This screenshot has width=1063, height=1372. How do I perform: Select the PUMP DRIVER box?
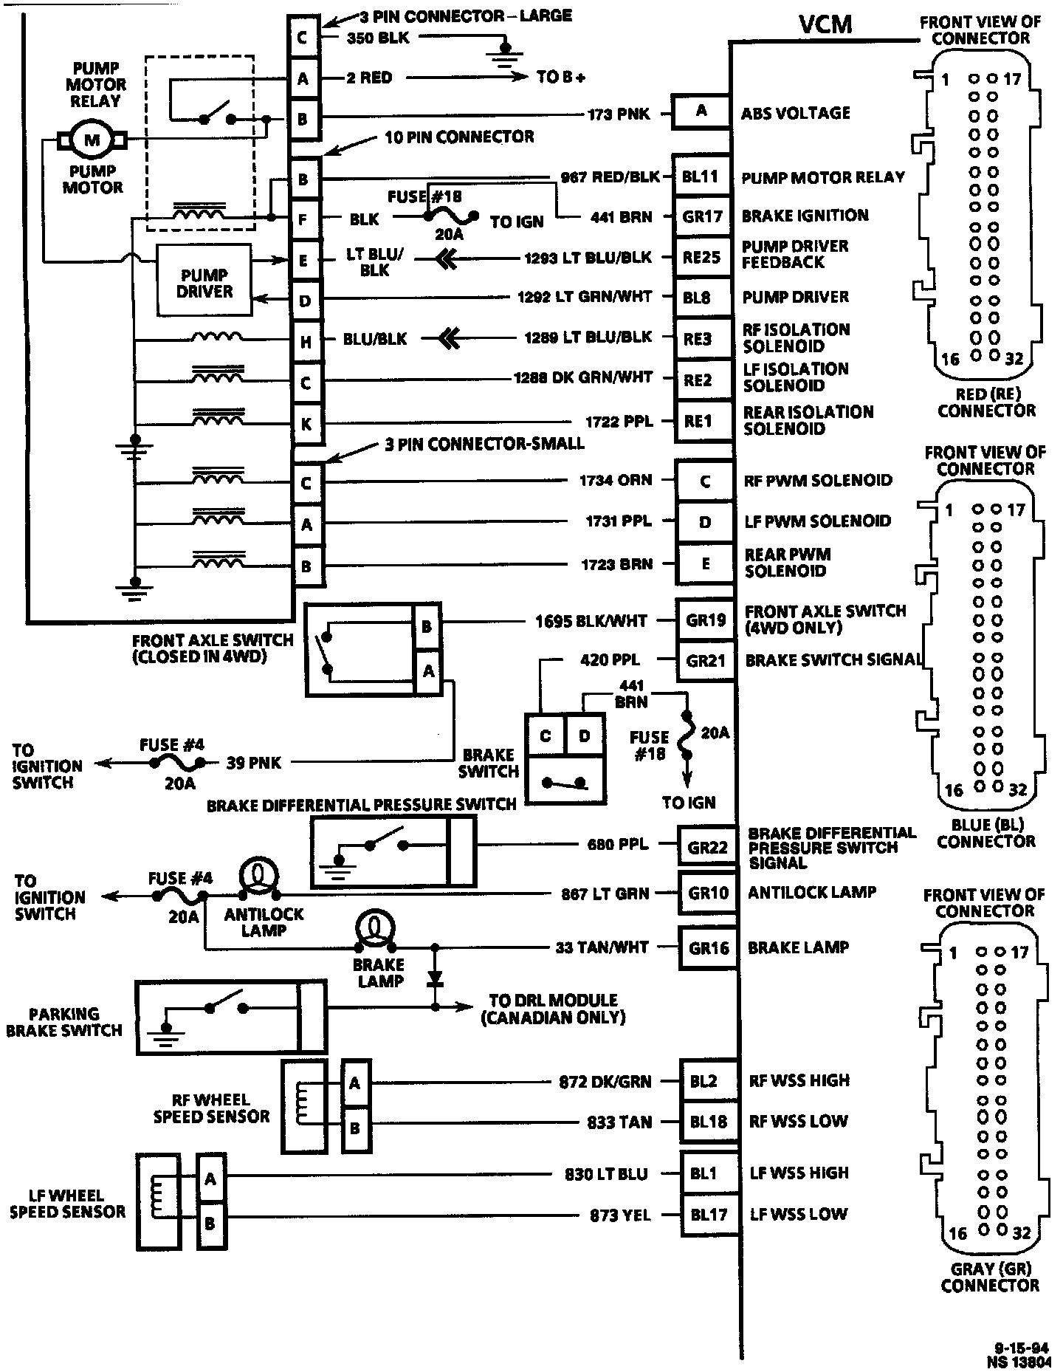204,284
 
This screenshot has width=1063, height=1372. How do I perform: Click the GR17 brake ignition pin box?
701,216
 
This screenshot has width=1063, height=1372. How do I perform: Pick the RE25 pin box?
701,257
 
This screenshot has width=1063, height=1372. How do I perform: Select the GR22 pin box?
707,848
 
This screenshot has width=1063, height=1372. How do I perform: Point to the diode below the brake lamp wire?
435,978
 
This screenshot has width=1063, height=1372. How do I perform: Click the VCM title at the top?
825,25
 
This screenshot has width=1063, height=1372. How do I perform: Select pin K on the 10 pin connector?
306,425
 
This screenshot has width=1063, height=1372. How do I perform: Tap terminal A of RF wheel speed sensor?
355,1083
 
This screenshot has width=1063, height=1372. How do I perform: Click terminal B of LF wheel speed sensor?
210,1224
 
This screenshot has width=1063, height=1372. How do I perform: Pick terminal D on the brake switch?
585,735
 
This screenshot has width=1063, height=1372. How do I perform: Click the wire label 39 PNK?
253,763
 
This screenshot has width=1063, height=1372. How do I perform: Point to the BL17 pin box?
709,1214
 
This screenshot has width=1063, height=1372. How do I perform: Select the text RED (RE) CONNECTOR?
986,402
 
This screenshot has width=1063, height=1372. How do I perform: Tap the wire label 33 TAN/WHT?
602,947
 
